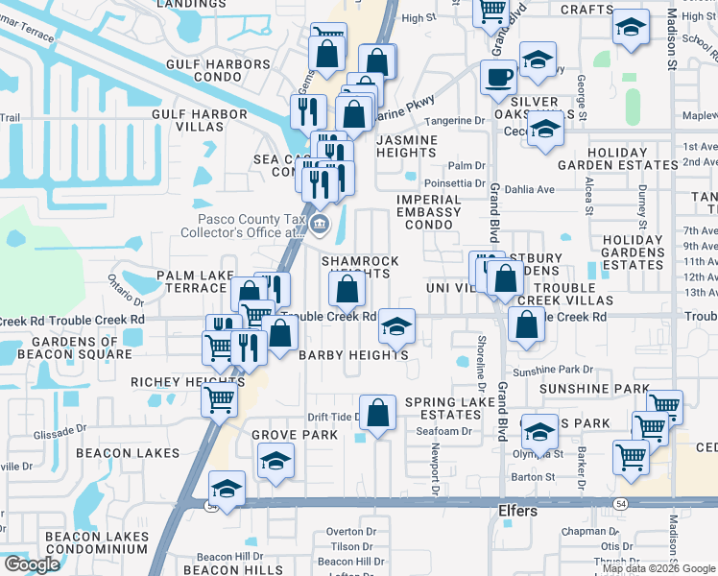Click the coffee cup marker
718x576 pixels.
498,78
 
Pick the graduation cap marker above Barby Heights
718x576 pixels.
396,327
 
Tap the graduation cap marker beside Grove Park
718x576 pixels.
276,461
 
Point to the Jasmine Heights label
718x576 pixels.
406,147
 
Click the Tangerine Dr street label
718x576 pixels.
454,121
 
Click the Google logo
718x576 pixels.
32,564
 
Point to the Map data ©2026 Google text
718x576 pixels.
658,568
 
